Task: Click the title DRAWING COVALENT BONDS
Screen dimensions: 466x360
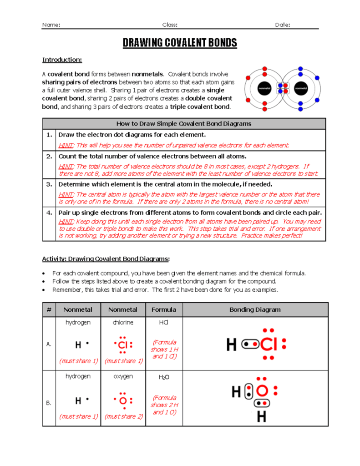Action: pos(180,43)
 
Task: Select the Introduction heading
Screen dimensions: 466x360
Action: pos(62,60)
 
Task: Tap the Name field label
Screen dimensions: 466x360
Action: pos(51,25)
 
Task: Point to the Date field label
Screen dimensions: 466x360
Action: pos(283,25)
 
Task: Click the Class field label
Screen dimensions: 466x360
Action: pos(170,25)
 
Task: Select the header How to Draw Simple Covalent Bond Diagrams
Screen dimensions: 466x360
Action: pos(184,124)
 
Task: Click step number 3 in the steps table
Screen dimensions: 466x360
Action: pos(49,184)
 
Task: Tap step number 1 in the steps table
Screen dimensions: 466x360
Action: pos(49,135)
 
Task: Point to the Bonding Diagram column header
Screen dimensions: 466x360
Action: pos(255,310)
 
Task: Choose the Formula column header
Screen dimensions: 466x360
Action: pos(164,310)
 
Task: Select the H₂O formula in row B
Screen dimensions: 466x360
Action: pos(164,377)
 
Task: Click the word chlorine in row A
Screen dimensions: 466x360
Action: pos(122,322)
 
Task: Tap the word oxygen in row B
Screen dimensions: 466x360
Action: pos(122,376)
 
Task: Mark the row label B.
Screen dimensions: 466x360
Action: pos(49,403)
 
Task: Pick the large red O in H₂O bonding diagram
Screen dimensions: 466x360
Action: pos(262,391)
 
